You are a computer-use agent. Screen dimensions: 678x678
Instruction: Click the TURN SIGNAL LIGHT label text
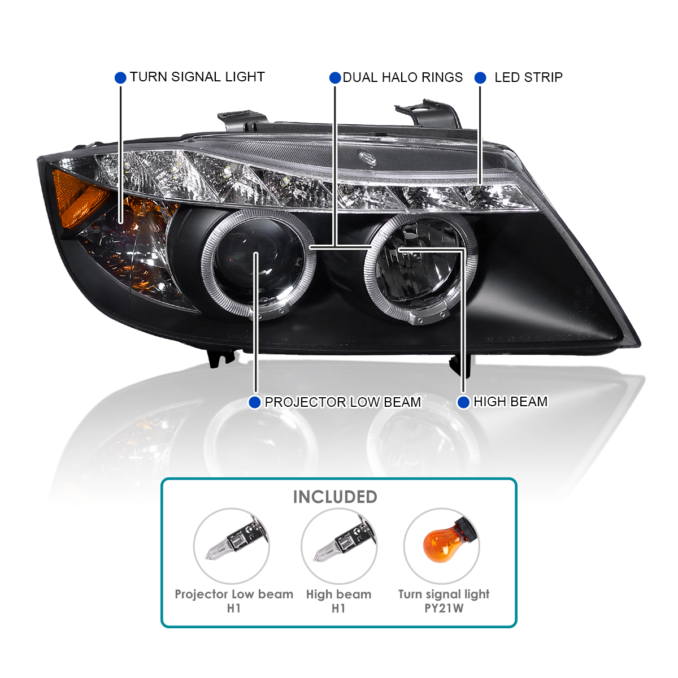[x=197, y=77]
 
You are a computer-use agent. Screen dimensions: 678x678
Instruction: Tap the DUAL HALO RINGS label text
[x=402, y=77]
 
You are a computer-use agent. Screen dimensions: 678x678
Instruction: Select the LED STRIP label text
[x=528, y=77]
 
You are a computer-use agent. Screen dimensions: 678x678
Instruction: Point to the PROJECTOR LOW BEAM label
[x=342, y=402]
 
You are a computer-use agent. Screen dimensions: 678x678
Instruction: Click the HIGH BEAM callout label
[x=510, y=402]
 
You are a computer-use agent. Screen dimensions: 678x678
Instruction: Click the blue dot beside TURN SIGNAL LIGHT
[x=120, y=77]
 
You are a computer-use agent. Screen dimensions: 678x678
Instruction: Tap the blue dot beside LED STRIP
[x=480, y=77]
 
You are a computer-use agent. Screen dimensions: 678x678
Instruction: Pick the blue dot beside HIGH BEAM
[x=463, y=402]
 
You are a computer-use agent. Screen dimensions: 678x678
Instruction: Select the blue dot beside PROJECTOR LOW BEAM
[x=255, y=402]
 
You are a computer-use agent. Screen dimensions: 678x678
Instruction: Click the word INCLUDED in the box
[x=334, y=497]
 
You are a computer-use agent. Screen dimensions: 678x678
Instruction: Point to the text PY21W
[x=444, y=609]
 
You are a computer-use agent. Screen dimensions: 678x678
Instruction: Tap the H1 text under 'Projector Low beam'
[x=234, y=609]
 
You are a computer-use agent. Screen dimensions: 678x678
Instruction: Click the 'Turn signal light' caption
[x=444, y=594]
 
